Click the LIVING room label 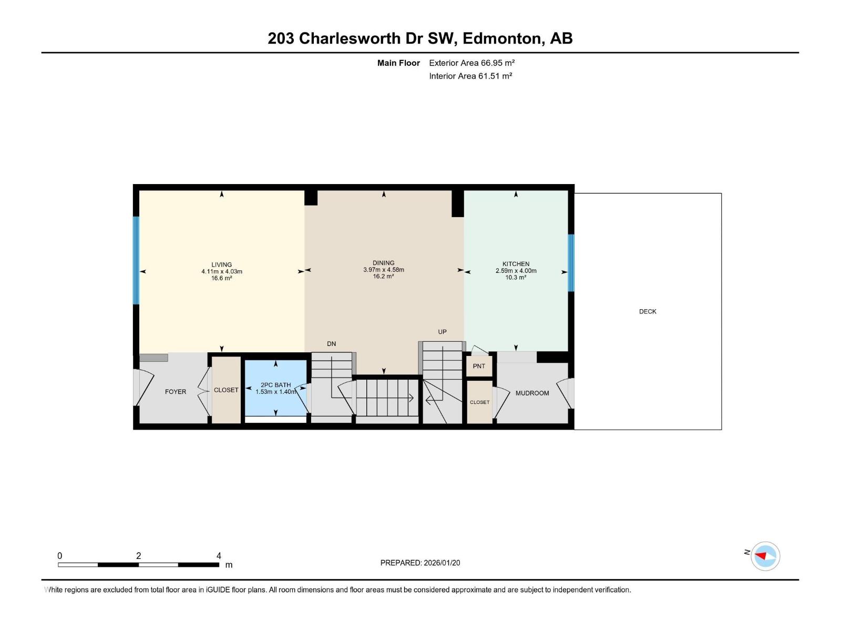(221, 264)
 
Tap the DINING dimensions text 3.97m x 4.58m (383, 270)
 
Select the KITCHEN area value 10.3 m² (515, 278)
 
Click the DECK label (648, 311)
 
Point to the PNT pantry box (479, 366)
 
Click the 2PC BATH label (275, 385)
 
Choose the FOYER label (176, 392)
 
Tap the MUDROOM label (532, 393)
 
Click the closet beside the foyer (226, 390)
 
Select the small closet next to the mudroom (479, 402)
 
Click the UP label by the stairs (442, 332)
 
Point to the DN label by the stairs (331, 344)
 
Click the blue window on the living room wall (136, 260)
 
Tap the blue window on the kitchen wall (571, 262)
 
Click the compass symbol (765, 556)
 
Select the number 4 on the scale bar (219, 556)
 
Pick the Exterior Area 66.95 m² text (471, 63)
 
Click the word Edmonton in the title (502, 38)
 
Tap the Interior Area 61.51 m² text (470, 76)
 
